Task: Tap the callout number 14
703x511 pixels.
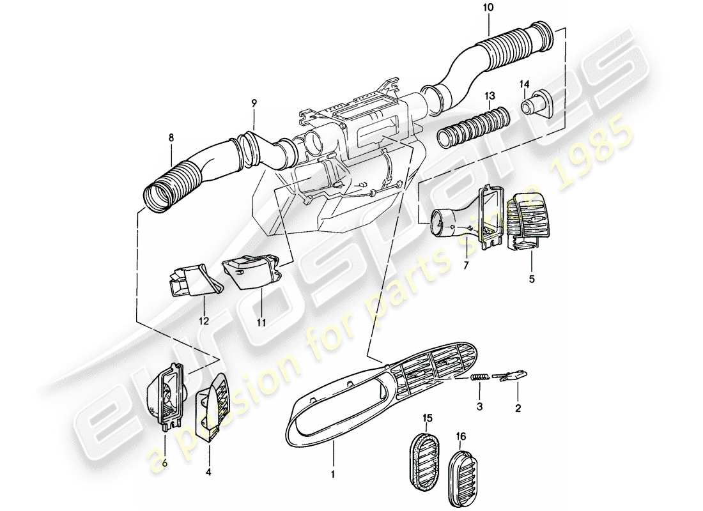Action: coord(525,84)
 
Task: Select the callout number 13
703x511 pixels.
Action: coord(490,96)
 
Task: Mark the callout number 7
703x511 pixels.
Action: coord(466,264)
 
